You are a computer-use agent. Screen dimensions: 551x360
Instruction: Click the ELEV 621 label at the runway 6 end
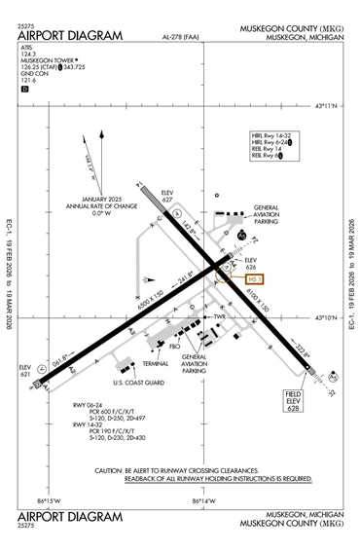click(26, 370)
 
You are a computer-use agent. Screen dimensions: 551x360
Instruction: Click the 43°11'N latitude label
click(331, 106)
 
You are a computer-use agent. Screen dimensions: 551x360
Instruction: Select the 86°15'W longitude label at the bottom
click(48, 500)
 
